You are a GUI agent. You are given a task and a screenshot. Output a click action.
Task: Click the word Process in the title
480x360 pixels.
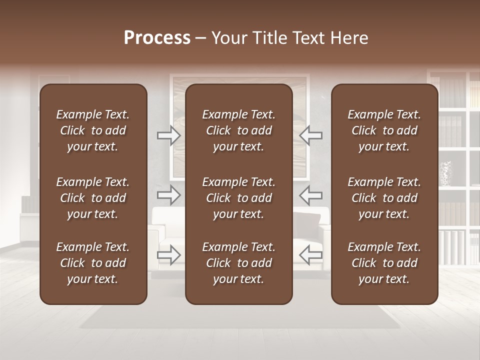coord(157,38)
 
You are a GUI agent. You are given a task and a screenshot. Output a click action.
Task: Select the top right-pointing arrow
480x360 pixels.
coord(169,135)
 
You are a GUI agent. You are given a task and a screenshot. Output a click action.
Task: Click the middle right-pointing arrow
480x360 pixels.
coord(169,195)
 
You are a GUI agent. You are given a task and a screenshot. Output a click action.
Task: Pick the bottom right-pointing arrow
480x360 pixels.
coord(169,255)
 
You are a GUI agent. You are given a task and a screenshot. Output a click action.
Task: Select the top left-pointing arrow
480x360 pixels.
coord(310,135)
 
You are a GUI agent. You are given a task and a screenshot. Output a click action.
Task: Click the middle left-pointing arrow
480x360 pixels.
coord(310,195)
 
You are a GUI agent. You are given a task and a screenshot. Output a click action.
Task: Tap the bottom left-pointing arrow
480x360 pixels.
coord(310,255)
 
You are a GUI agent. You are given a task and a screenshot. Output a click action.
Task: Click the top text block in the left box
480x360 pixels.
coord(93,130)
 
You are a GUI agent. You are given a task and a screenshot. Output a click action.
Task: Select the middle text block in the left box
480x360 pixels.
coord(93,198)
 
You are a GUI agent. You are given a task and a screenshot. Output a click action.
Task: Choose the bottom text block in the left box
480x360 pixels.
coord(93,263)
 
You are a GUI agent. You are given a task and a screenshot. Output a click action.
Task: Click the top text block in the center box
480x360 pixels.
coord(238,130)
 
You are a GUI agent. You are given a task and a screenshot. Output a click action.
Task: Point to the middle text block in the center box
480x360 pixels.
coord(238,198)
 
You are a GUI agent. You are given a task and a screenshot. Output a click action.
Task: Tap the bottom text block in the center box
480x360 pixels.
coord(238,263)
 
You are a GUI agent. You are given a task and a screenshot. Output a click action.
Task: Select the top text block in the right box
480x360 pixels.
coord(384,130)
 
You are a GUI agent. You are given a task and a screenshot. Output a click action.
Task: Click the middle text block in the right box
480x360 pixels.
coord(384,198)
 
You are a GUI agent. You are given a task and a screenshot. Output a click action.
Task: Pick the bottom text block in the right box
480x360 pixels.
coord(384,263)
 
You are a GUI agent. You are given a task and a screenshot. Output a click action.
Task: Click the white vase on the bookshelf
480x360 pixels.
coord(445,173)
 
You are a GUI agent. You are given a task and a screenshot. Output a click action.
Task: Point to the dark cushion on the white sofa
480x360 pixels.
coord(305,221)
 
